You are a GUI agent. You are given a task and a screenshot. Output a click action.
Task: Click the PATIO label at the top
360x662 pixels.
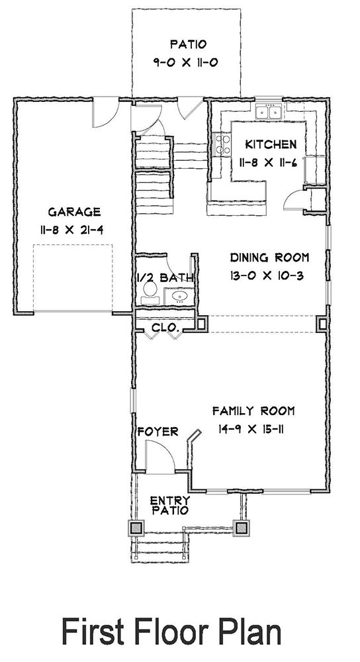click(x=189, y=45)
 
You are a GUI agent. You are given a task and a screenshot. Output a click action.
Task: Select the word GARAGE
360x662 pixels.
click(x=74, y=212)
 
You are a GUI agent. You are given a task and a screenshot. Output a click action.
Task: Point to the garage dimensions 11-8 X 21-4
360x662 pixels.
click(x=74, y=231)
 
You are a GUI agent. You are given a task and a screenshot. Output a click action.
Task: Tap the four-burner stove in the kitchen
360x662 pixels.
click(x=220, y=145)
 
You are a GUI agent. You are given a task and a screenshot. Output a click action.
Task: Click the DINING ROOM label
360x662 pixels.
click(x=269, y=258)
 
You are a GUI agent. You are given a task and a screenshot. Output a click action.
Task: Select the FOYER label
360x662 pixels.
click(x=157, y=432)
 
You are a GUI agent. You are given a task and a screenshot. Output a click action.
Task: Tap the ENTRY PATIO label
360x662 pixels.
click(x=169, y=504)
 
